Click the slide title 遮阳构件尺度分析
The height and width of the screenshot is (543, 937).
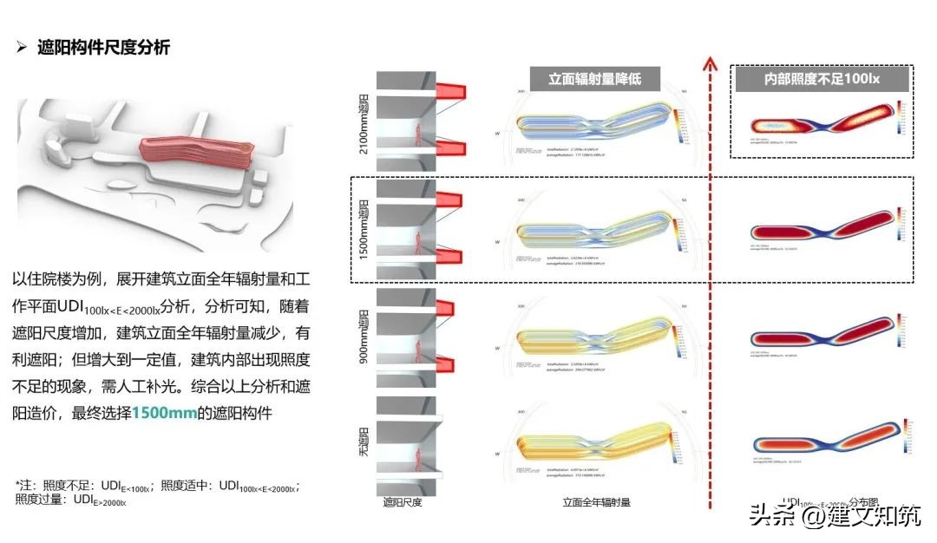tap(104, 48)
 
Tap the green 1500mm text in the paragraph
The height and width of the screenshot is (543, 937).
tap(165, 413)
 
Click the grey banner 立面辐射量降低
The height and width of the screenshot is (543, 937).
tap(593, 80)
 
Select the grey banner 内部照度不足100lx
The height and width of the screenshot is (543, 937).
tap(821, 80)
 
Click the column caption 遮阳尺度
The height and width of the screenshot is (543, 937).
tap(402, 502)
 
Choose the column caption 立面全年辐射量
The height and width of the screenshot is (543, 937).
tap(596, 502)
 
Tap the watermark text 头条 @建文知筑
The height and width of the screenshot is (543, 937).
tap(834, 517)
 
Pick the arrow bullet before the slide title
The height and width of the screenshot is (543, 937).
tap(23, 48)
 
